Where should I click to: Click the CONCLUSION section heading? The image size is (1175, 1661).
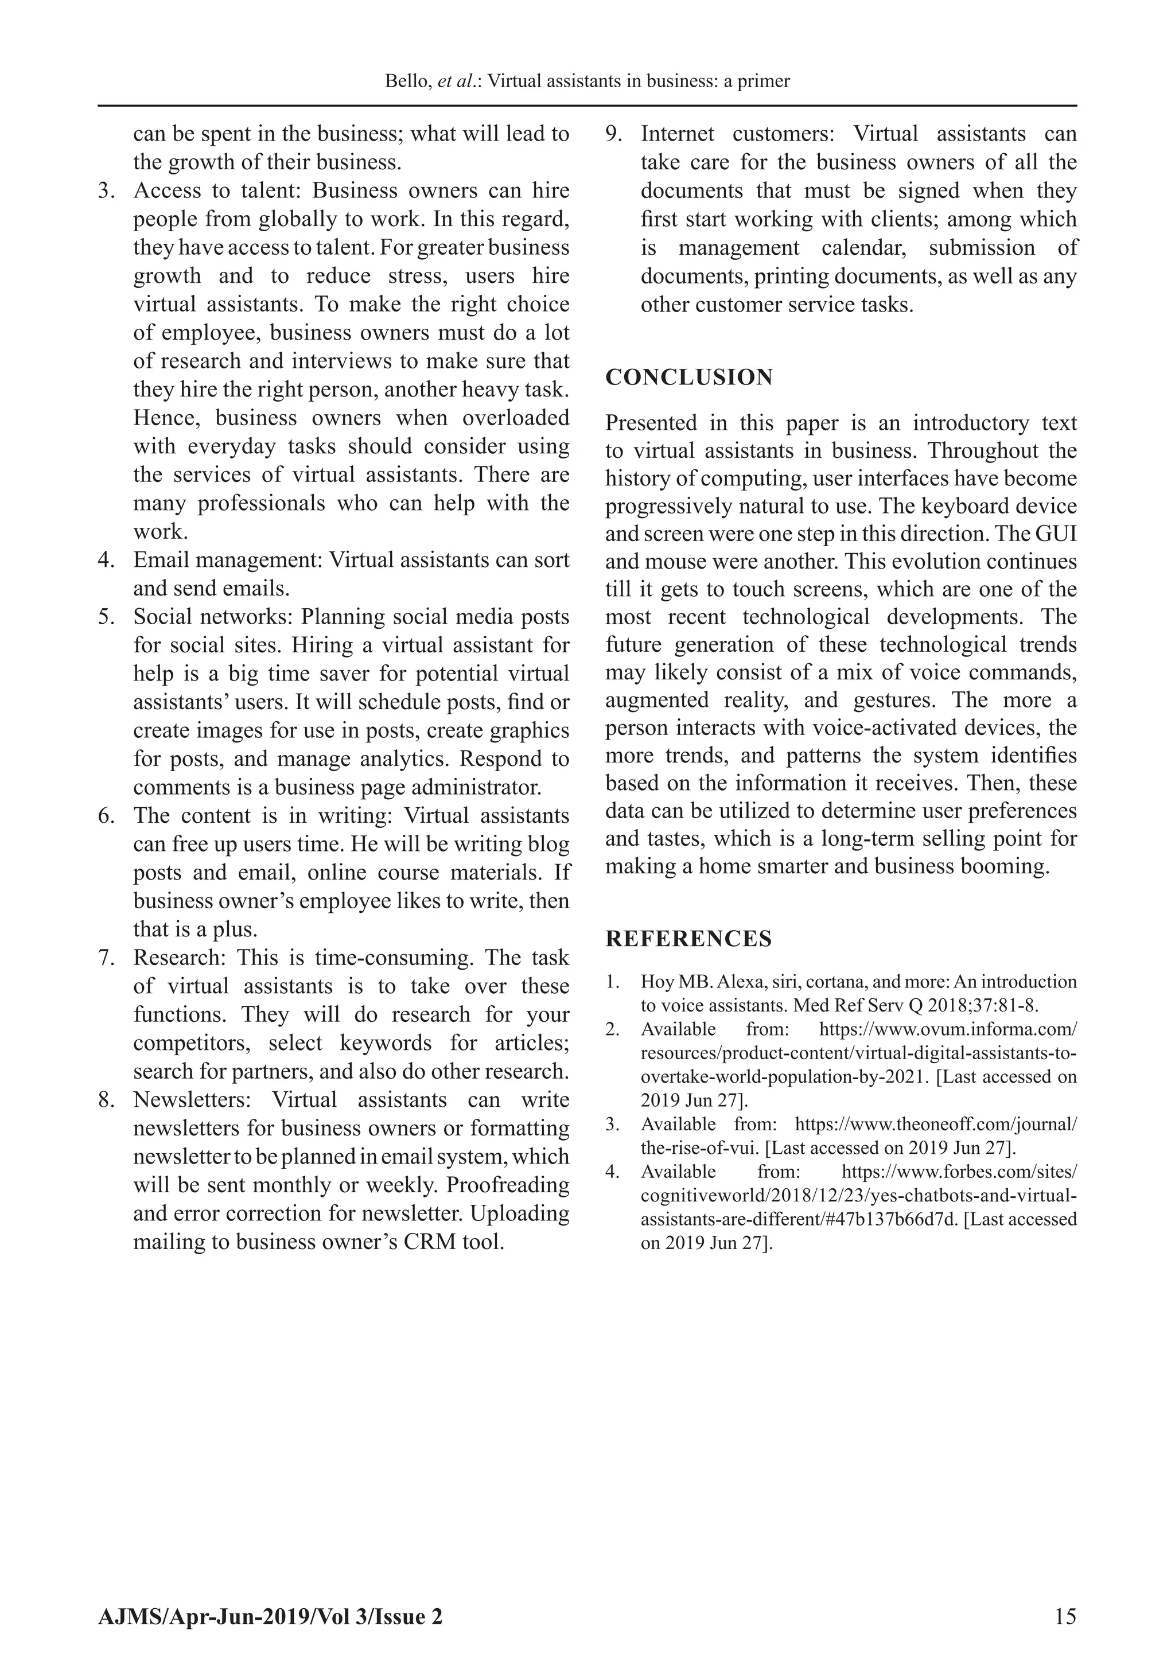coord(689,378)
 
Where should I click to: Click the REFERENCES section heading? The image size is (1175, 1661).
coord(688,939)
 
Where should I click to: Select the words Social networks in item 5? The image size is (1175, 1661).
coord(211,617)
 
